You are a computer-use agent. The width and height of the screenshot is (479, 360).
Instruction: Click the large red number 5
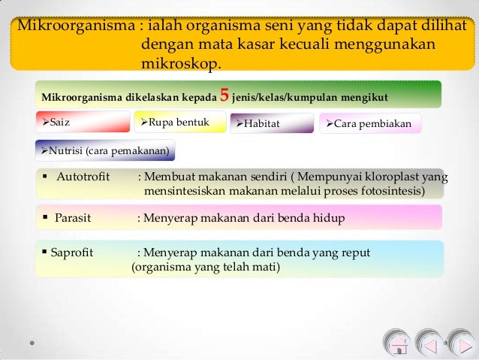pos(223,95)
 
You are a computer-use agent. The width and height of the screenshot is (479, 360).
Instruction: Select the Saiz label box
pos(83,122)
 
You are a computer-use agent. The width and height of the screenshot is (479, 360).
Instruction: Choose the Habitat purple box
pos(271,123)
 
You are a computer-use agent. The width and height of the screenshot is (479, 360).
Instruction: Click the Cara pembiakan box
pos(371,123)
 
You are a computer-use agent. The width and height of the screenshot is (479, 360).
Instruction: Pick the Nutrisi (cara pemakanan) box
pos(105,150)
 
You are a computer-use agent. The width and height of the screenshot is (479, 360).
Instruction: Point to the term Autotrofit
pos(82,177)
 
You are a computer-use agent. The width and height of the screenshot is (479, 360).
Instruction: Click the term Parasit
pos(72,218)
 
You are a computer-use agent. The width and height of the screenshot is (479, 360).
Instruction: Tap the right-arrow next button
pos(461,344)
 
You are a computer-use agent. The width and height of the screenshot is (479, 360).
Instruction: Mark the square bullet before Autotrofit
pos(47,177)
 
